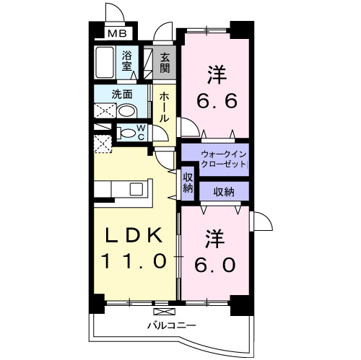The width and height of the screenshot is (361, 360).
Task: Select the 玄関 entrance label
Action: pyautogui.click(x=165, y=63)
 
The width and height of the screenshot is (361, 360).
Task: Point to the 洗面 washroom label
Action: pyautogui.click(x=121, y=94)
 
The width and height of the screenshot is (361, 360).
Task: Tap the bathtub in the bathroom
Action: pyautogui.click(x=105, y=63)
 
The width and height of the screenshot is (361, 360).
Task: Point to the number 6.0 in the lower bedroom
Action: pyautogui.click(x=214, y=264)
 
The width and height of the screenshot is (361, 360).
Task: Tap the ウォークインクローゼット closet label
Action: pyautogui.click(x=224, y=159)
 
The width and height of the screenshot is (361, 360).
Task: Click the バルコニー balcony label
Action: pyautogui.click(x=173, y=326)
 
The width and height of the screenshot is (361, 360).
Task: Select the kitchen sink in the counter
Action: pyautogui.click(x=136, y=188)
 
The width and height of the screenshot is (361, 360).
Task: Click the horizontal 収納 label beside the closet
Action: pyautogui.click(x=222, y=191)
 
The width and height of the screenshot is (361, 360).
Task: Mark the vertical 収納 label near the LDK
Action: pyautogui.click(x=188, y=183)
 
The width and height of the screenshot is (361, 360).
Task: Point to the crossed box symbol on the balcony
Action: pyautogui.click(x=165, y=312)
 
